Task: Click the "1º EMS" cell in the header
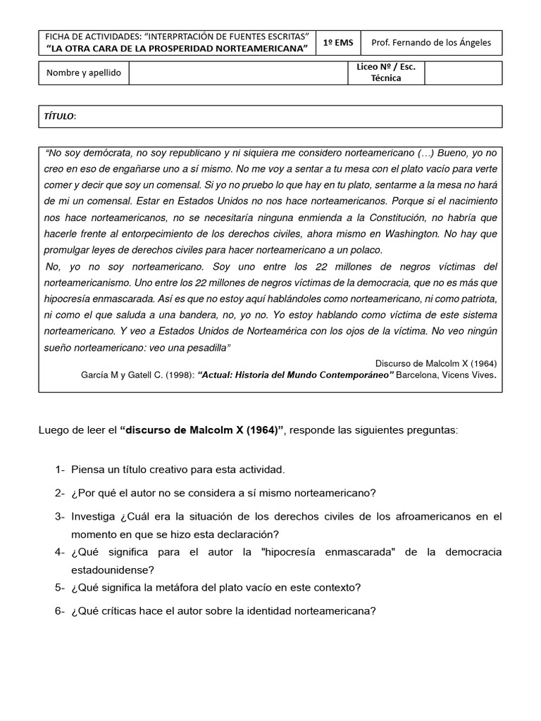[x=338, y=42]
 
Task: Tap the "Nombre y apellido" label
[x=84, y=73]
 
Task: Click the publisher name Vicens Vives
[x=472, y=375]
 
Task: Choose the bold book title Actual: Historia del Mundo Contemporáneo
[x=297, y=375]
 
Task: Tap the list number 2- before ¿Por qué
[x=60, y=492]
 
